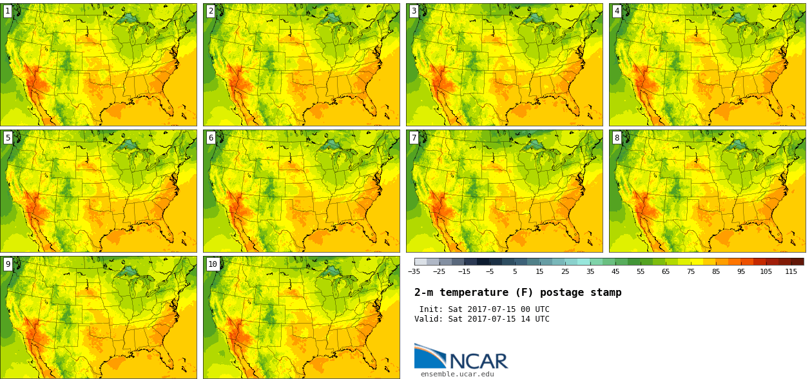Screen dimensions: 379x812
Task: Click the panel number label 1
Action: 8,11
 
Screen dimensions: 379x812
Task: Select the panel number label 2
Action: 211,11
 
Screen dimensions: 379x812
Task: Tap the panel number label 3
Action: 414,11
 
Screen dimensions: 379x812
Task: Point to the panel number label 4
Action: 617,11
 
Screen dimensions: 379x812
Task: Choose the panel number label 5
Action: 8,137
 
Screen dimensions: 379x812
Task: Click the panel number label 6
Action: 211,137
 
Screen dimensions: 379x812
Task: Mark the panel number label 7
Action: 414,137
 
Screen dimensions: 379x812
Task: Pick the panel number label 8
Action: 617,137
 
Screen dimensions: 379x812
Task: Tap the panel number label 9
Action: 8,264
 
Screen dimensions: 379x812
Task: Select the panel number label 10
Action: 213,264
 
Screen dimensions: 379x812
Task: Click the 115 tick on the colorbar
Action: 791,271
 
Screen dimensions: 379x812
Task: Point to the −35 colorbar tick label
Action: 414,271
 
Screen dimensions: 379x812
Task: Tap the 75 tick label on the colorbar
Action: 691,271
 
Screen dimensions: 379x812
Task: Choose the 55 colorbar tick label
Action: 641,271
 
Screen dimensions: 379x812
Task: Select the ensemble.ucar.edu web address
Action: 458,374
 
